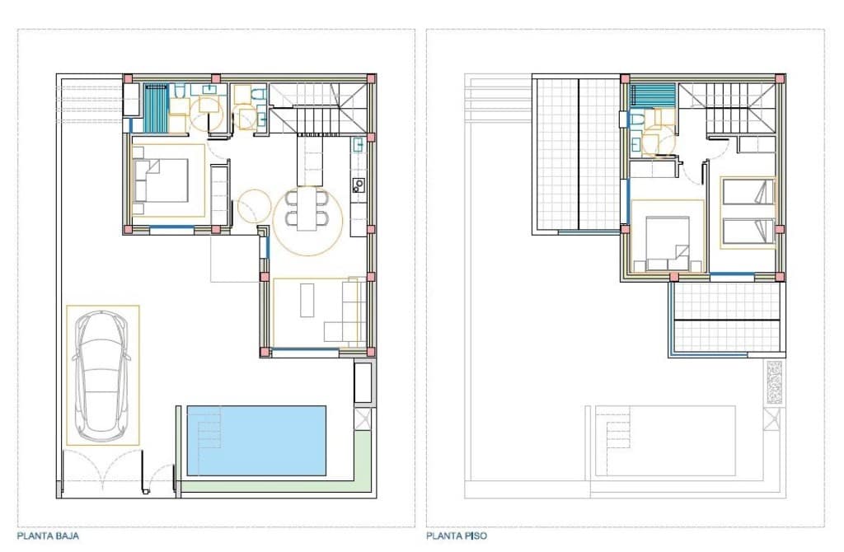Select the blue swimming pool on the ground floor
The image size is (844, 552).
tap(264, 440)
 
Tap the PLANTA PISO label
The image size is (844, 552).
tap(457, 536)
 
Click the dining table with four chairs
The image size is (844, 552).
tap(306, 209)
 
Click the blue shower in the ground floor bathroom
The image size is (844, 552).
tap(155, 108)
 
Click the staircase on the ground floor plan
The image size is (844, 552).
tap(317, 107)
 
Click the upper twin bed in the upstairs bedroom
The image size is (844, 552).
tap(748, 192)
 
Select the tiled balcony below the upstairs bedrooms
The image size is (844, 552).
tap(726, 317)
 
